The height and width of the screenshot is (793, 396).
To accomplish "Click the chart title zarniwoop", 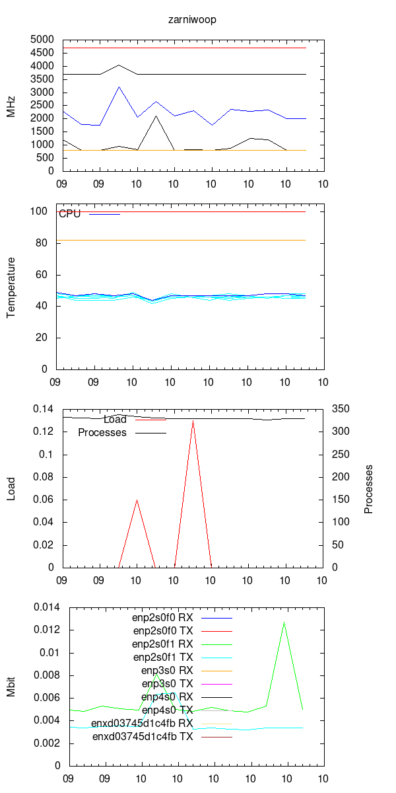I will point(192,19).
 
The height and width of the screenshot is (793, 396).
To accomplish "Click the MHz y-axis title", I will point(11,106).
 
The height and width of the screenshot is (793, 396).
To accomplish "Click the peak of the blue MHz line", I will point(119,87).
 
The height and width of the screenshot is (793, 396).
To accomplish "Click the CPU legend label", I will point(69,214).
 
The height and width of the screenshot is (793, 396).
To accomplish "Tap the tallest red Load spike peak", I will point(193,420).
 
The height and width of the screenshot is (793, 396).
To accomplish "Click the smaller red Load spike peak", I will point(137,500).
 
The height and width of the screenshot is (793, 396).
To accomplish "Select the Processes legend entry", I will point(102,433).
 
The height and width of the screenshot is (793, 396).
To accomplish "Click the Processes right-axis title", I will point(369,489).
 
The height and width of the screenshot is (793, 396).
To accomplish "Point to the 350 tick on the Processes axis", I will point(341,409).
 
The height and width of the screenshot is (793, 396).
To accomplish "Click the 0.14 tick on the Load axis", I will point(46,409).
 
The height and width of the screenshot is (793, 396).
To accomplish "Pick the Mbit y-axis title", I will point(11,687).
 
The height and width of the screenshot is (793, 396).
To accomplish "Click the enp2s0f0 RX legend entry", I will point(162,617).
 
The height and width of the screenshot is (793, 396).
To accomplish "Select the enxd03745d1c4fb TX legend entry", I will point(142,736).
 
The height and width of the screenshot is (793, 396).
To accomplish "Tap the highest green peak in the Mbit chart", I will point(284,622).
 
